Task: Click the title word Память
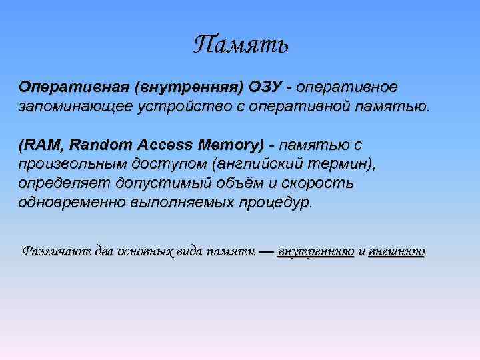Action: (x=241, y=45)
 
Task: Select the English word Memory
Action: (x=232, y=145)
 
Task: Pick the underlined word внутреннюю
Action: (x=315, y=251)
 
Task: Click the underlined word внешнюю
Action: (x=396, y=251)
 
